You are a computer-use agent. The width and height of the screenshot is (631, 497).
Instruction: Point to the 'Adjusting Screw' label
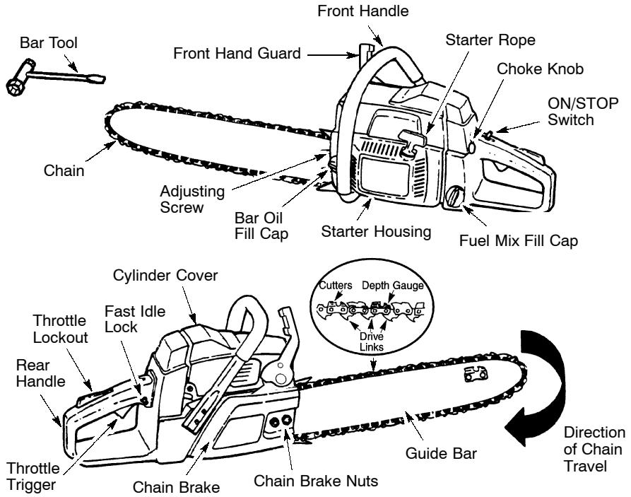click(182, 199)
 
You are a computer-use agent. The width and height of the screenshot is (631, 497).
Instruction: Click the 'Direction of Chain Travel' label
click(592, 449)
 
